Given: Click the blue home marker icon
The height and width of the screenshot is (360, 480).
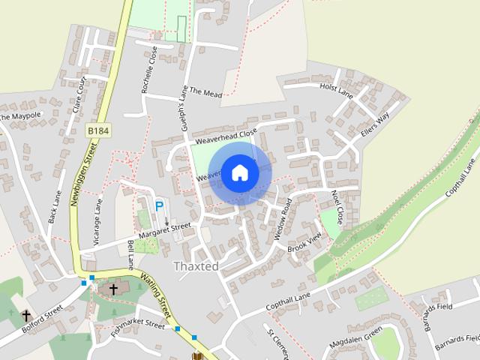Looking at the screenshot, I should [240, 173].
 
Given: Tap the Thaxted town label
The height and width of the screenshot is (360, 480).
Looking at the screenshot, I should [196, 266].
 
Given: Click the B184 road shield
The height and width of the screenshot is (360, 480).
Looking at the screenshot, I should [97, 130].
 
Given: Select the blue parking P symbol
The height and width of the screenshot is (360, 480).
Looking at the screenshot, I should [159, 205].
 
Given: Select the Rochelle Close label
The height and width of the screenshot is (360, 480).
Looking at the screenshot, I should [149, 70].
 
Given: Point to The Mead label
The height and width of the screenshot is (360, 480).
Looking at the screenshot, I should [206, 92].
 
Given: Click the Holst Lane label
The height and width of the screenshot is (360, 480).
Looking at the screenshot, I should [336, 89].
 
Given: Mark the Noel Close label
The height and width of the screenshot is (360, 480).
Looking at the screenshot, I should [337, 207].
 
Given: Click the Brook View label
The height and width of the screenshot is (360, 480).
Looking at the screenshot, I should [304, 242].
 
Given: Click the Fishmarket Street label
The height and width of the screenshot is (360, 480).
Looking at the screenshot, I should [136, 325].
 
